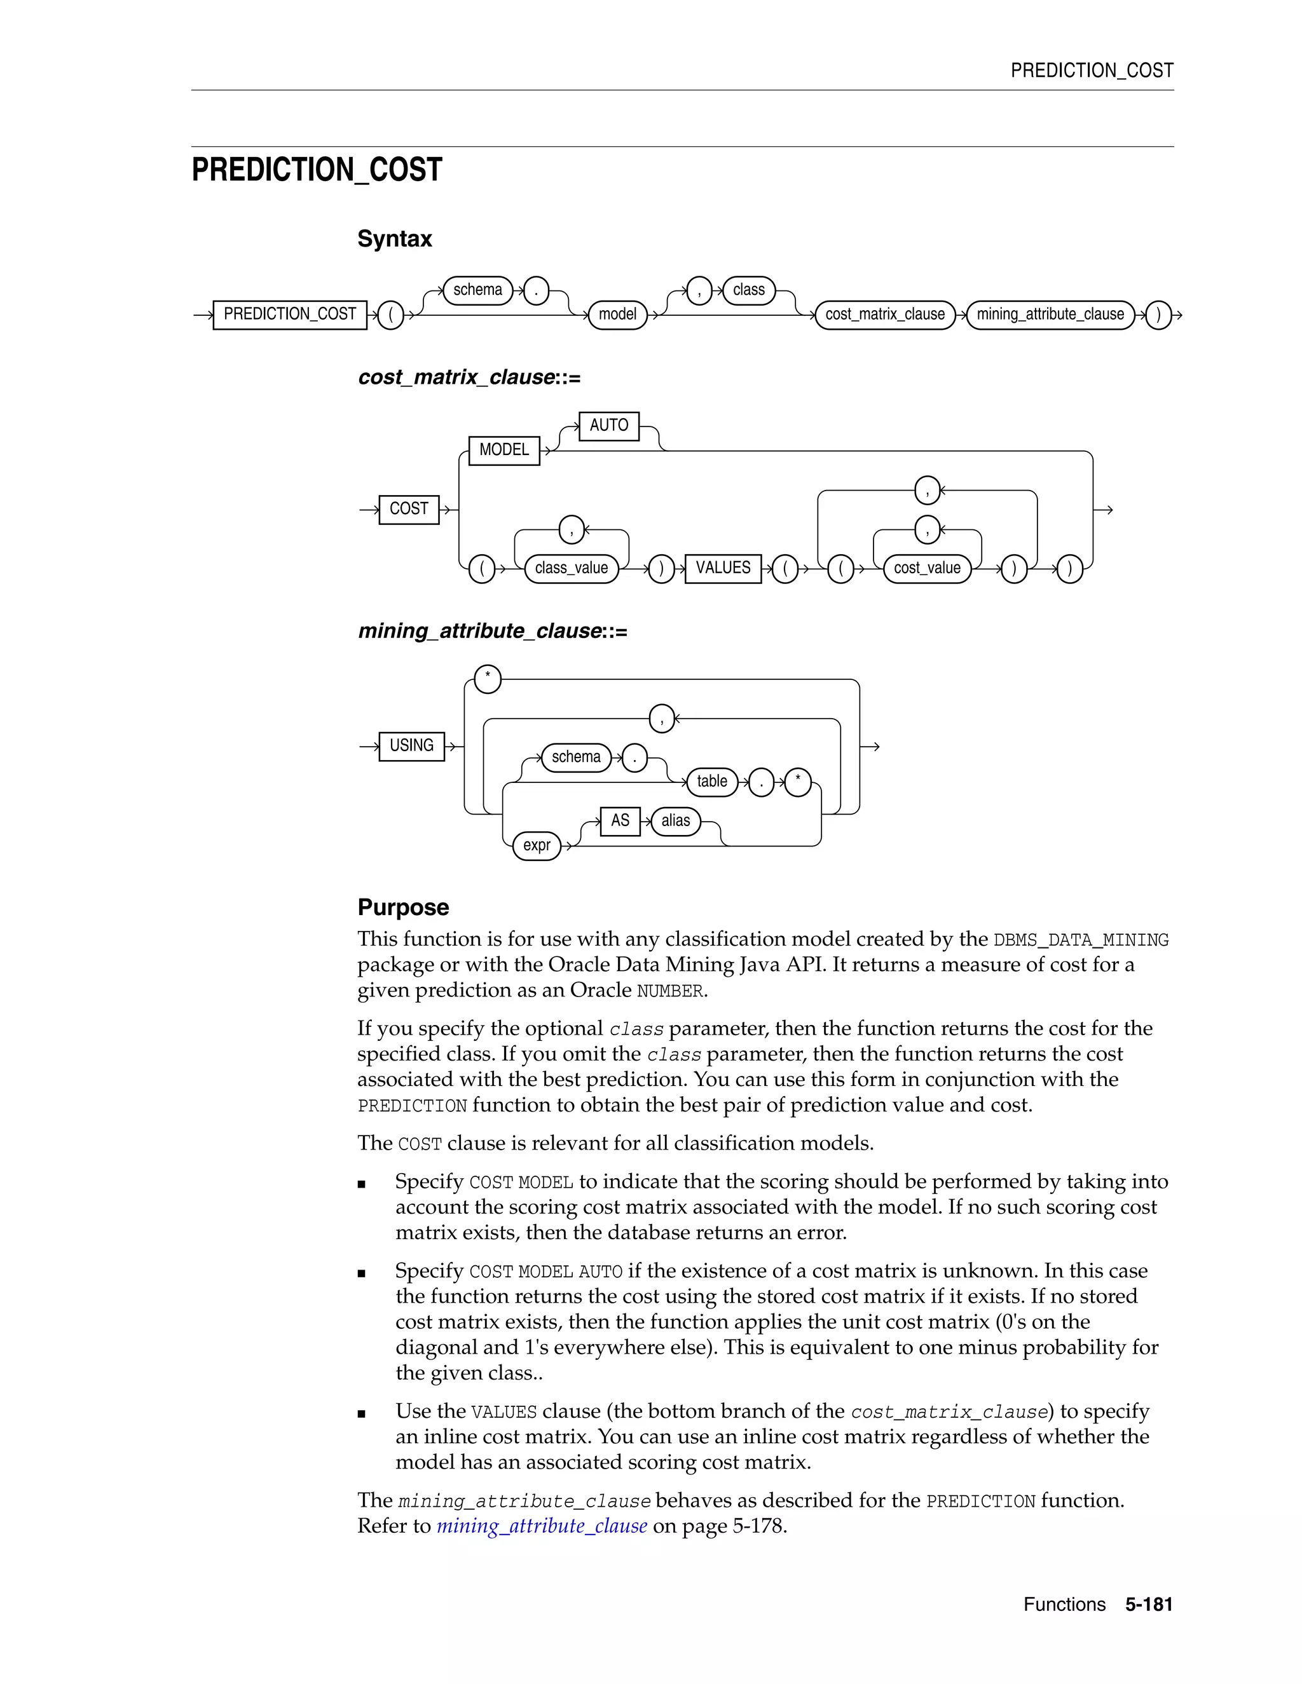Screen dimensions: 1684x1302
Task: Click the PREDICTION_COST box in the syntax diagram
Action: coord(289,315)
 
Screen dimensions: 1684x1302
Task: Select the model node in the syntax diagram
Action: coord(617,315)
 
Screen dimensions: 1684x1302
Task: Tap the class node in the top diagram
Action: coord(748,290)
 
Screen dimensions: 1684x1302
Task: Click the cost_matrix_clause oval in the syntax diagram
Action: coord(885,315)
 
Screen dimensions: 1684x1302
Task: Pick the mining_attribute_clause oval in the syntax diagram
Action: coord(1050,315)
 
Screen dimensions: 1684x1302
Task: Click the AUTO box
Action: coord(608,426)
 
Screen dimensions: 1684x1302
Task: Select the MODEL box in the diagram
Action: coord(504,451)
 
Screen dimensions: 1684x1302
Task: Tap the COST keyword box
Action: coord(409,509)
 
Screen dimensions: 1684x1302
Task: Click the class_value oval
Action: coord(571,568)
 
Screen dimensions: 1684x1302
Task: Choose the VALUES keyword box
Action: coord(723,568)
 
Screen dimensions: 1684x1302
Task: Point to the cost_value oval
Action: coord(926,568)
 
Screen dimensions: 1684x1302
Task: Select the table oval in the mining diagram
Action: coord(711,781)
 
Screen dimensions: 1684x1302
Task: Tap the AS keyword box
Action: coord(620,820)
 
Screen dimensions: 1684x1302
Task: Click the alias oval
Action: coord(676,820)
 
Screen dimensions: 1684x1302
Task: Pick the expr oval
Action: coord(537,845)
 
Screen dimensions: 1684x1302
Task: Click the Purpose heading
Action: coord(402,907)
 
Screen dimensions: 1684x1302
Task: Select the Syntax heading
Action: coord(394,239)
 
